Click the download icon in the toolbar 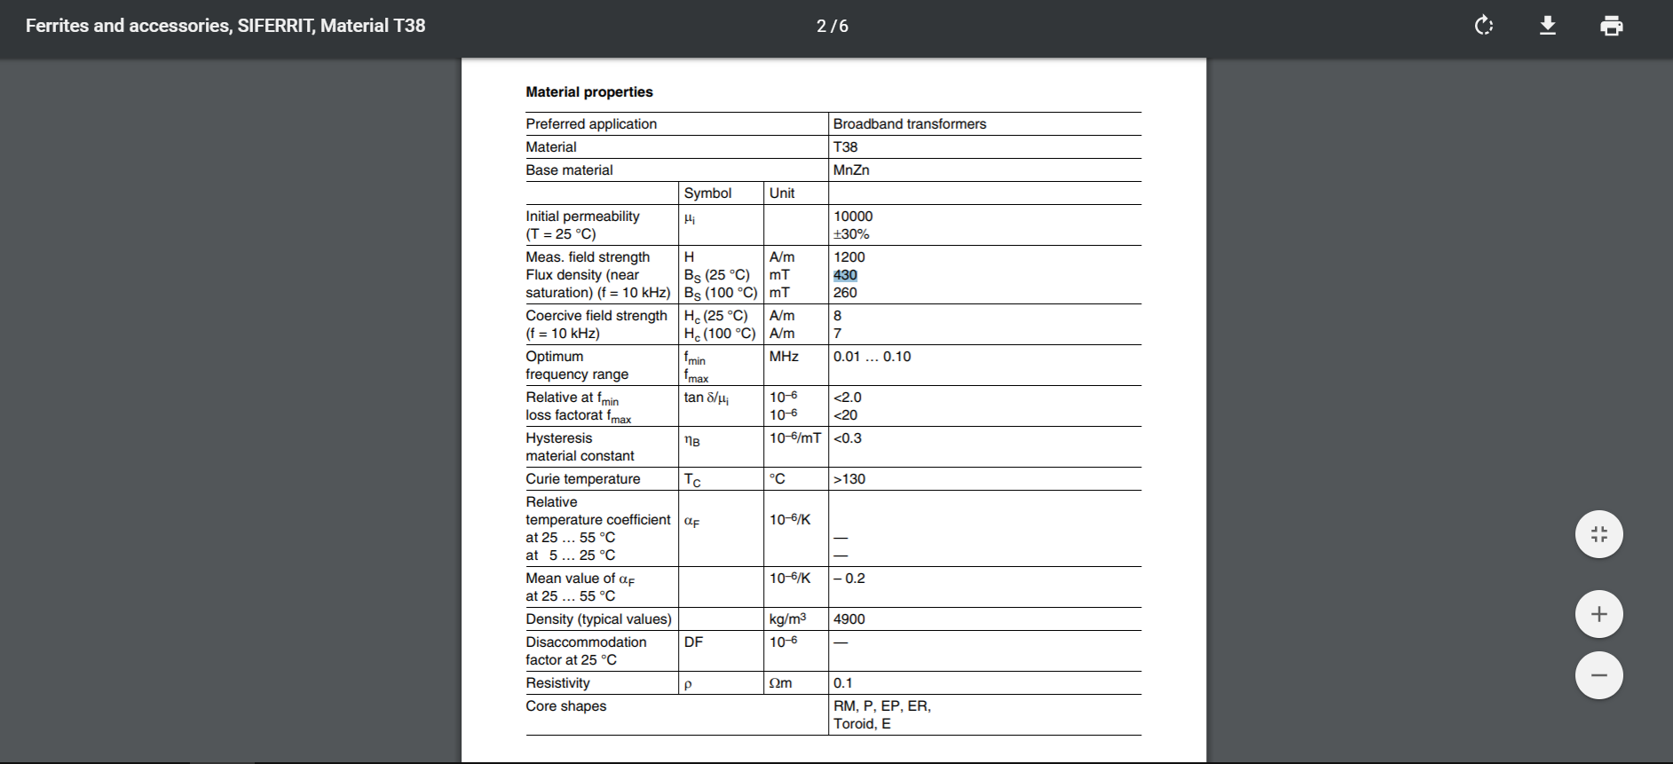click(1548, 26)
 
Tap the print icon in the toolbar click(1612, 26)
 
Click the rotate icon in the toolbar click(1484, 26)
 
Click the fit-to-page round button click(1598, 534)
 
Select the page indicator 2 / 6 click(833, 27)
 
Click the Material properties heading click(588, 92)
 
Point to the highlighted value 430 click(845, 275)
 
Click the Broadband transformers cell click(909, 124)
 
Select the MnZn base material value click(850, 170)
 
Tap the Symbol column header click(707, 193)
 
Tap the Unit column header click(782, 193)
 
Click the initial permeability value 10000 click(853, 217)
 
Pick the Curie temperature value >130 click(848, 479)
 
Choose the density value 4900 click(848, 619)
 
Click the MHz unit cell click(784, 357)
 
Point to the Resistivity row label click(557, 683)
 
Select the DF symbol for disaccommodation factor click(693, 642)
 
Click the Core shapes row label click(565, 706)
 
